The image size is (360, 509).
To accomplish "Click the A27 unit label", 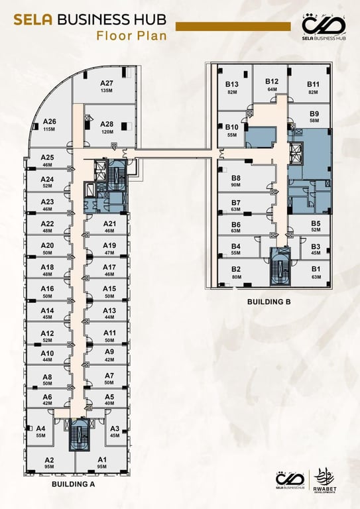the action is pos(107,83).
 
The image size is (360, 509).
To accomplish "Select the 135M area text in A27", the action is pos(107,91).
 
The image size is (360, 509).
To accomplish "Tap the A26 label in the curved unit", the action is pos(49,121).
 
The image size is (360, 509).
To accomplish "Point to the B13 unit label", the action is pos(232,84).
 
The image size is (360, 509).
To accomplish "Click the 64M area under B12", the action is pos(272,89).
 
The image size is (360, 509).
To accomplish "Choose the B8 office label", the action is pos(236,178).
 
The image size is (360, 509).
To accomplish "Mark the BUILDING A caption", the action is pos(73,484).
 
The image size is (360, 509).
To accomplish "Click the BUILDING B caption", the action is pos(269,302).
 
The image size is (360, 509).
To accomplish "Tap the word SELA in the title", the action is pos(32,20).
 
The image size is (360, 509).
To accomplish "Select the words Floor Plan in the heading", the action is pos(131,35).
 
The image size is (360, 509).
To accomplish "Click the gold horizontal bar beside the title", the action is pos(233,27).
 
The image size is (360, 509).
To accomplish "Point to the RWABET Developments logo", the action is pos(325,481).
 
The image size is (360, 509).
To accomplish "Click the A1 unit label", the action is pos(102,460).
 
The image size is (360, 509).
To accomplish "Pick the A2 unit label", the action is pos(49,460).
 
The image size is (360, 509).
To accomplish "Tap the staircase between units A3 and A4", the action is pos(78,435).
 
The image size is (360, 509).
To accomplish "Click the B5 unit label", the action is pos(316,223).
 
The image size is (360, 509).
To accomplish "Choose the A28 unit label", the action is pos(107,124).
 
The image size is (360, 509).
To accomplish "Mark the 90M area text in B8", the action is pos(235,185).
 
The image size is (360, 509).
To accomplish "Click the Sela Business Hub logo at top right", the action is pos(324,27).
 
